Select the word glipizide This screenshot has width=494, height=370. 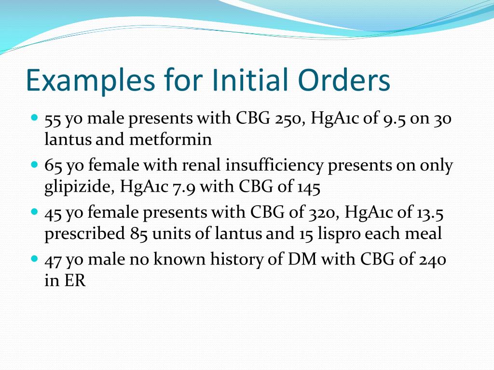click(77, 187)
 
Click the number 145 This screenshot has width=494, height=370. click(308, 187)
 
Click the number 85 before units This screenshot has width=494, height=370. click(138, 234)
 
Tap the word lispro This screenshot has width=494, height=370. click(338, 234)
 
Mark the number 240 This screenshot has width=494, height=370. click(431, 260)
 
